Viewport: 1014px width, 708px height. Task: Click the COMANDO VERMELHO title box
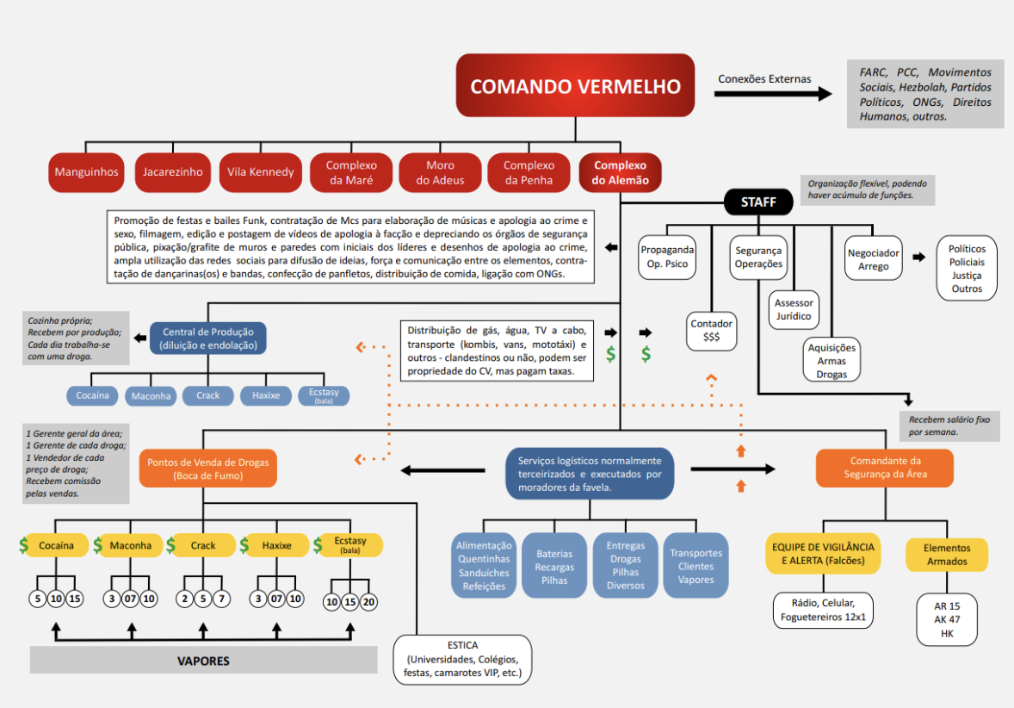pyautogui.click(x=575, y=86)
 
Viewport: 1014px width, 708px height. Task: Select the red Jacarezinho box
pyautogui.click(x=173, y=171)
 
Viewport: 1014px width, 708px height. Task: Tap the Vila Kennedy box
pyautogui.click(x=261, y=171)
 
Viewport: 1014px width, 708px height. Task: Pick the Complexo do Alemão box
pyautogui.click(x=620, y=172)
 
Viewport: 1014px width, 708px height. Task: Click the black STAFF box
pyautogui.click(x=758, y=203)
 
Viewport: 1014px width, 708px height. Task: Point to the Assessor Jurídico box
pyautogui.click(x=793, y=309)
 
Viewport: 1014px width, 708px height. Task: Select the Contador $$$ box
pyautogui.click(x=711, y=331)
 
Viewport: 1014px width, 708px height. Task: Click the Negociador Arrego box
pyautogui.click(x=873, y=259)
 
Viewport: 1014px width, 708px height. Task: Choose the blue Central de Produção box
pyautogui.click(x=208, y=338)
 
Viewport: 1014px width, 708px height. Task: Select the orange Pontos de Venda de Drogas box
pyautogui.click(x=208, y=469)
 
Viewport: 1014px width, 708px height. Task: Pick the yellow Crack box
pyautogui.click(x=203, y=545)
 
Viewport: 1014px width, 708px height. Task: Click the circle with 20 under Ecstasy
pyautogui.click(x=369, y=601)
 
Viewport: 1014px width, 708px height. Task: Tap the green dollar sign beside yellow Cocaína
pyautogui.click(x=23, y=545)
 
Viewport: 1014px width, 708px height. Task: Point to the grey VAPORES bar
pyautogui.click(x=203, y=661)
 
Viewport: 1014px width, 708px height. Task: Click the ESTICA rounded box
pyautogui.click(x=462, y=659)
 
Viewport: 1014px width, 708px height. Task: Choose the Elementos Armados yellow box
pyautogui.click(x=946, y=555)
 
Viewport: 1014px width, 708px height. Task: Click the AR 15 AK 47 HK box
pyautogui.click(x=946, y=619)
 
